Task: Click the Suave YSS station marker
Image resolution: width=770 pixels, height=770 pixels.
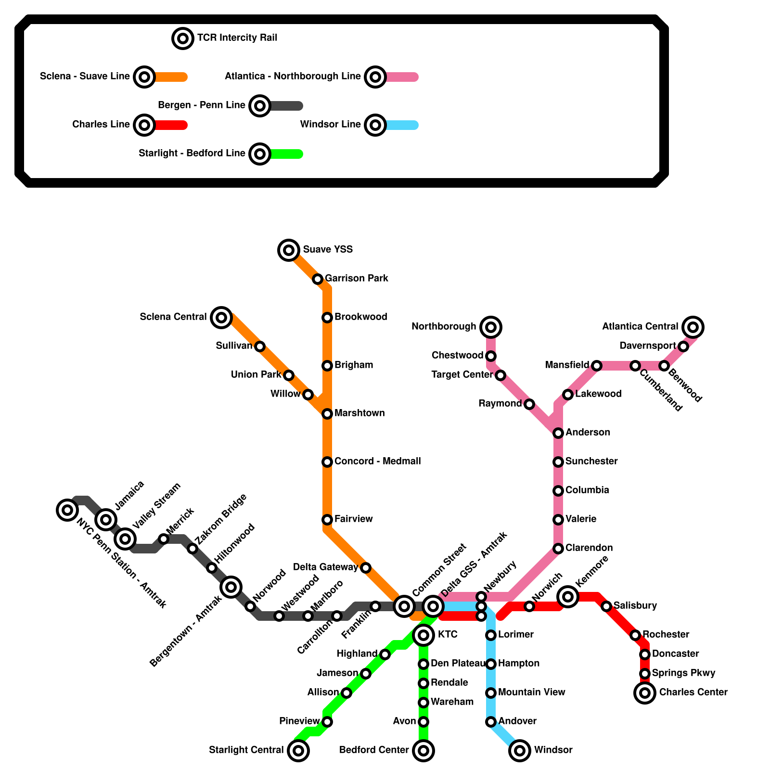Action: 289,250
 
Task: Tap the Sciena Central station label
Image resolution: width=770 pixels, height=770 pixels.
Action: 173,317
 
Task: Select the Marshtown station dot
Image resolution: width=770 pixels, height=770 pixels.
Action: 327,414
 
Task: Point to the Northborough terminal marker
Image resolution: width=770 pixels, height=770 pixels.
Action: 491,327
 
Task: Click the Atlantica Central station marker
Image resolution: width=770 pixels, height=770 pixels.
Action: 693,327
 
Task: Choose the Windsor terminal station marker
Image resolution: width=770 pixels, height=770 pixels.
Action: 520,750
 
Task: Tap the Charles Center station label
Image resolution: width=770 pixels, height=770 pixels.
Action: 693,693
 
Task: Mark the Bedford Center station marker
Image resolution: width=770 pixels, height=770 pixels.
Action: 423,750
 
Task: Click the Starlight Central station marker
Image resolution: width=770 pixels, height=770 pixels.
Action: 298,750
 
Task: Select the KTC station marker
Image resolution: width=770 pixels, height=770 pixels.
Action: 423,635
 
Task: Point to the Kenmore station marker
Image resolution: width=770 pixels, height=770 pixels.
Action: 568,597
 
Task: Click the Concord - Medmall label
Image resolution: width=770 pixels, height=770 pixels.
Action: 377,462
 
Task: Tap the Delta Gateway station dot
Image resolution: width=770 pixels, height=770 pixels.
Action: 366,568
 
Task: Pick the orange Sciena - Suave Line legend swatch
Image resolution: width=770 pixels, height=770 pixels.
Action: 171,77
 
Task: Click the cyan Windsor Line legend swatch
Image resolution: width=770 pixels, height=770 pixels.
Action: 402,125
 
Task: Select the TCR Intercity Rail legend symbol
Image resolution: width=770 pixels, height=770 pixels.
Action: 183,38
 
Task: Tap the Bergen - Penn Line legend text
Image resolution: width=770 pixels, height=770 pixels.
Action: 202,105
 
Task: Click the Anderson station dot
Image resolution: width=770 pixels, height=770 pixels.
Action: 558,433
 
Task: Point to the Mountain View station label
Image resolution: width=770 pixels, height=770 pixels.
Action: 531,693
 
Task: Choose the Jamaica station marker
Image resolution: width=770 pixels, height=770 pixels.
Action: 106,519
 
